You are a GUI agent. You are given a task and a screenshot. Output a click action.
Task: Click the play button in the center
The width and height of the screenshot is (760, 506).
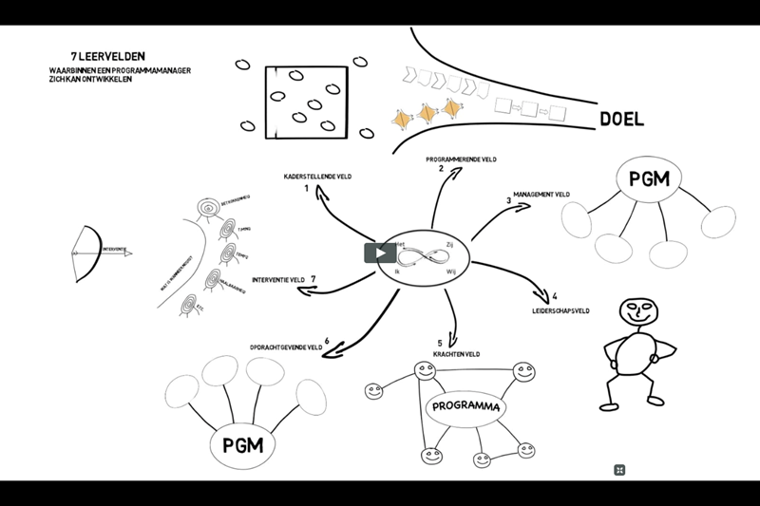(379, 253)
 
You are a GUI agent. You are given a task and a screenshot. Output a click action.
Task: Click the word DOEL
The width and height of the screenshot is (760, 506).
(621, 121)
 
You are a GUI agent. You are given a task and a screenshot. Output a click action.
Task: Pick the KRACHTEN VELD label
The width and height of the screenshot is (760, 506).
(457, 354)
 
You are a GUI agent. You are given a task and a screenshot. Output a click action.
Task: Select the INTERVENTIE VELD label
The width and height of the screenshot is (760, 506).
(277, 279)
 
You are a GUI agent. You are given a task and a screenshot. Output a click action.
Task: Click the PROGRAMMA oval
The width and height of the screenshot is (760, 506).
(465, 408)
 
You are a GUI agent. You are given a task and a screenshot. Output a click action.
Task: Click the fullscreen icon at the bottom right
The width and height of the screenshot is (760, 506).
(618, 469)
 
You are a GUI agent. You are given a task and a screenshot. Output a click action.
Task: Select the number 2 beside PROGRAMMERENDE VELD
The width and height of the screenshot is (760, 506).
(441, 168)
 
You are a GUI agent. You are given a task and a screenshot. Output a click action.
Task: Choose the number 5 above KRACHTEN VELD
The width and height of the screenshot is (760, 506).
(440, 343)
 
